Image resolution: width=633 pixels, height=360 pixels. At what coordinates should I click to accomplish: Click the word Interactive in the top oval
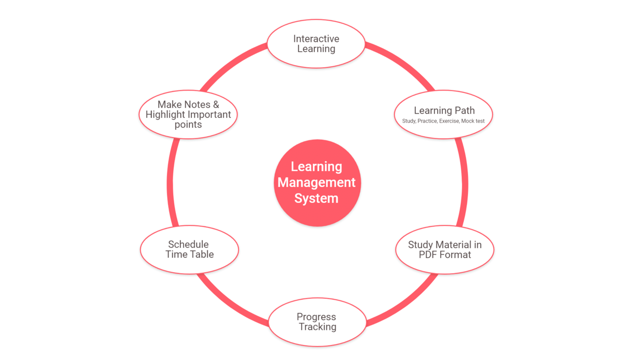pos(316,39)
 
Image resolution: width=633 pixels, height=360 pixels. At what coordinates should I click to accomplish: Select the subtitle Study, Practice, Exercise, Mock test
pos(443,121)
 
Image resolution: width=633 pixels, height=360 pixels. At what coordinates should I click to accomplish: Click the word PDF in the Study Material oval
pos(429,254)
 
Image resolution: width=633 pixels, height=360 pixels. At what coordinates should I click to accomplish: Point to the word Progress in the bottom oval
pos(316,317)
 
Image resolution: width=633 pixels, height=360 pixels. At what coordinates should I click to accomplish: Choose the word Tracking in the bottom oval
pos(317,327)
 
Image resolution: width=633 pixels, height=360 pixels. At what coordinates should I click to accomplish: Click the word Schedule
pos(188,244)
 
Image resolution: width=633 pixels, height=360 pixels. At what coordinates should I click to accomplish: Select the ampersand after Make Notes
pos(216,104)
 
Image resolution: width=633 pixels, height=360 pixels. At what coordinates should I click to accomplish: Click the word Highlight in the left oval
pos(165,114)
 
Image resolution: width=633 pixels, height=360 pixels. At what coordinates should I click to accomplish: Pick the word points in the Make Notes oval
pos(188,125)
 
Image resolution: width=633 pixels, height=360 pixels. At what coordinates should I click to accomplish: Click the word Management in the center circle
pos(317,183)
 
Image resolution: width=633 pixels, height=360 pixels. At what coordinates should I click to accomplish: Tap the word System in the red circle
pos(317,198)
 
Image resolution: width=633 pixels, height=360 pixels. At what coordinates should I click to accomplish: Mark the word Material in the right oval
pos(451,245)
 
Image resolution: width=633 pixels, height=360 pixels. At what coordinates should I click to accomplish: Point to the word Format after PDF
pos(456,254)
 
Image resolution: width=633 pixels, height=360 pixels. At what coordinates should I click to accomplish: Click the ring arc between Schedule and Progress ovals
pos(228,303)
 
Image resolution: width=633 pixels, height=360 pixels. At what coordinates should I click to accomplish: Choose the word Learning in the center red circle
pos(317,167)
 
